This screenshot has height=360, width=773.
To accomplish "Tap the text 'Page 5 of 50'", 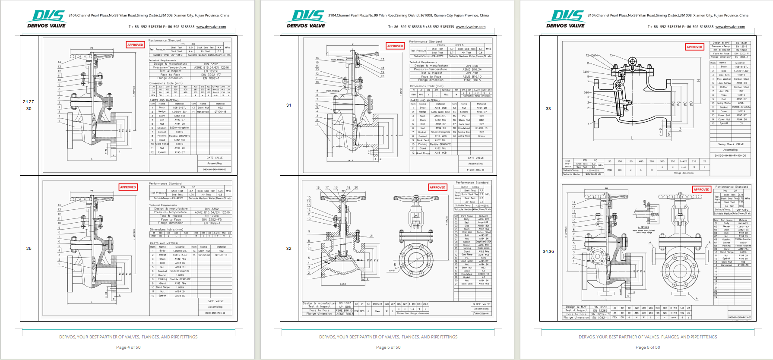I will click(388, 347).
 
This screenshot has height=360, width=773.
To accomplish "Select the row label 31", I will click(288, 105).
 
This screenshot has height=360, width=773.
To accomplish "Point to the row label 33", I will click(548, 108).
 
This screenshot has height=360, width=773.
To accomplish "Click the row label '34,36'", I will click(548, 251).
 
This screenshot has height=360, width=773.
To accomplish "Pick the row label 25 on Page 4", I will click(29, 248).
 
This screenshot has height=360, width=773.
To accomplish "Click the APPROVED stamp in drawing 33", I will click(694, 47).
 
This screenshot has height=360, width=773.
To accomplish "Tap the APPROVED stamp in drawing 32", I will click(437, 187).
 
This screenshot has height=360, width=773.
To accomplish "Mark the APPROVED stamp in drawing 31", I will click(395, 46).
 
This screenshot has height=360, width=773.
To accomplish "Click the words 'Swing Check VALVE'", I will click(731, 144).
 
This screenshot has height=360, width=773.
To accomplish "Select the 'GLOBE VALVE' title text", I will click(481, 304).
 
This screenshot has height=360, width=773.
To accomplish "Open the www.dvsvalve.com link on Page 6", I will click(730, 27).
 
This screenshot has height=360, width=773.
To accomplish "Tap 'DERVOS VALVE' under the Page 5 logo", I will click(306, 25).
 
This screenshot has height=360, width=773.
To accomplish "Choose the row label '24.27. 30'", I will click(29, 105).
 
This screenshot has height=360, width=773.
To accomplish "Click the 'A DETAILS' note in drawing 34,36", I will click(643, 227).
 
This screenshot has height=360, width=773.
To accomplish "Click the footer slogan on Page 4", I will click(128, 337).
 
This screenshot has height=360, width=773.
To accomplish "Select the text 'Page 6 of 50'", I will click(647, 347).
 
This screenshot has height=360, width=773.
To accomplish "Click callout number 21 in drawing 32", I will click(371, 236).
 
